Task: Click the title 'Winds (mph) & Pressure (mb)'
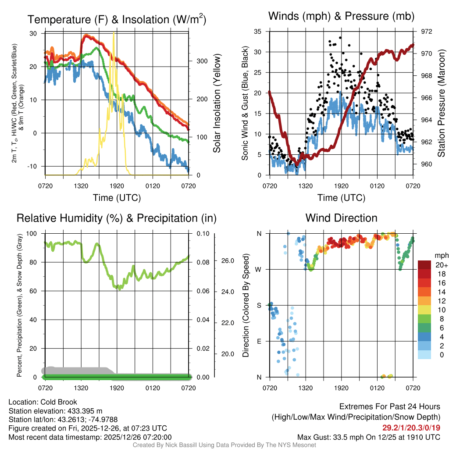[x=341, y=17]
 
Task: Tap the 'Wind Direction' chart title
[x=341, y=218]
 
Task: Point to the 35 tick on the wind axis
[x=257, y=32]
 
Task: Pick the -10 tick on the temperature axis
[x=35, y=166]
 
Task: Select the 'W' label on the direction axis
[x=259, y=269]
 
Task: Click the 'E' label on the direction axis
[x=259, y=341]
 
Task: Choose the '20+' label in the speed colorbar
[x=441, y=265]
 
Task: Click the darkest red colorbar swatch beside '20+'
[x=426, y=264]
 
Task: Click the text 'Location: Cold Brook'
[x=43, y=402]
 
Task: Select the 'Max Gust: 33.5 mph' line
[x=368, y=437]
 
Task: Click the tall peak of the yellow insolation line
[x=114, y=33]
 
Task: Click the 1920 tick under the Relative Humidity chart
[x=117, y=388]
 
